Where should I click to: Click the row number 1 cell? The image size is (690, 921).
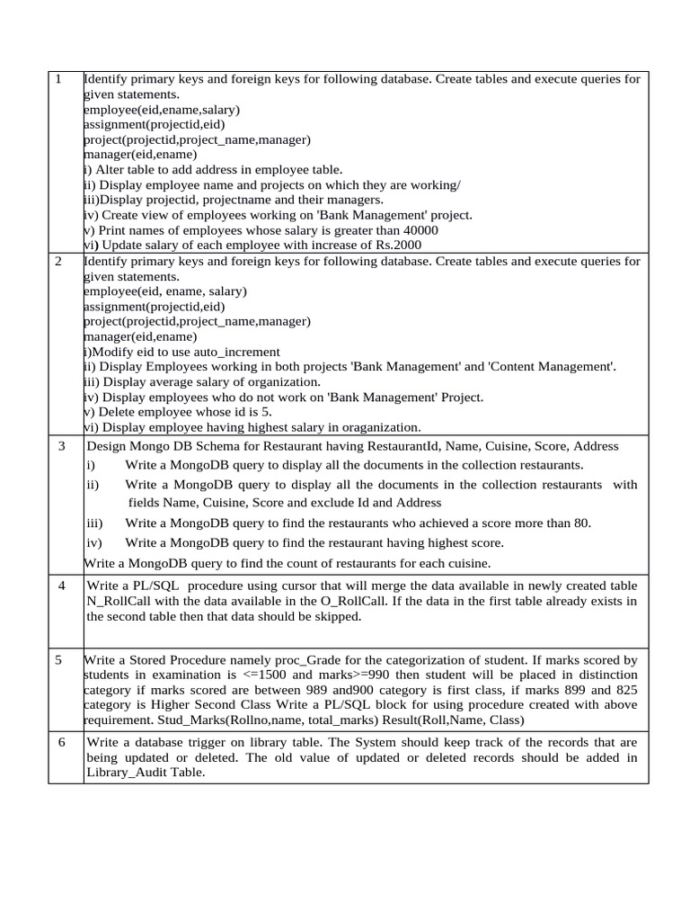pos(58,79)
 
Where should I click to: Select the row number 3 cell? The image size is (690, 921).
pos(62,446)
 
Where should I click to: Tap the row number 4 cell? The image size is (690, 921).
pos(61,586)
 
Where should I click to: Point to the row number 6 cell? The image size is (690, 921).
pos(61,742)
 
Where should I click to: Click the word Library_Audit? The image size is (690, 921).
pos(128,773)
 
